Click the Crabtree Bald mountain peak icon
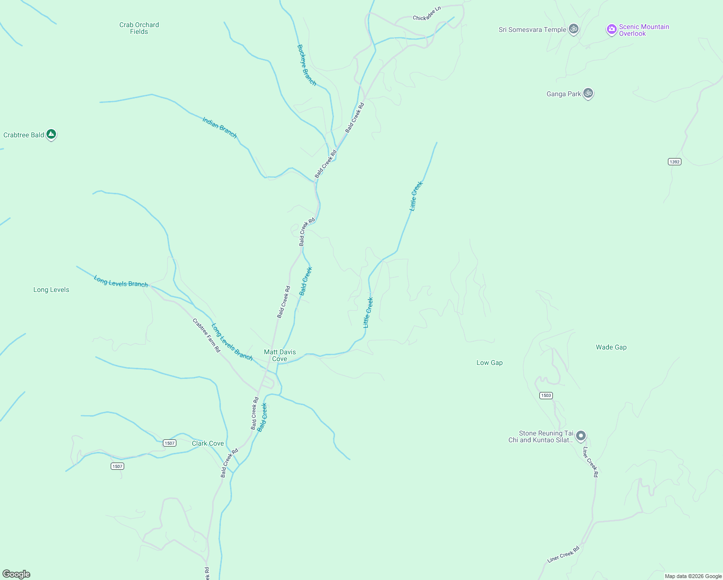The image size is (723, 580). [51, 134]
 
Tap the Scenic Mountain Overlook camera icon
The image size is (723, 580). [611, 29]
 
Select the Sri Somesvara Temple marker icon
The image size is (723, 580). [574, 29]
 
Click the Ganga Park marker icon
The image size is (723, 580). [588, 93]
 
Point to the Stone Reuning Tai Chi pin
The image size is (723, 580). [581, 436]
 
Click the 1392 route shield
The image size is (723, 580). [675, 161]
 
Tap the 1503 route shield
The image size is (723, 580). [546, 395]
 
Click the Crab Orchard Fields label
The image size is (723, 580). [139, 28]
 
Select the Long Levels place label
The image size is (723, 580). [51, 290]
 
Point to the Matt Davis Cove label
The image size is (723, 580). [280, 355]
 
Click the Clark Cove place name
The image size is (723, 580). [208, 443]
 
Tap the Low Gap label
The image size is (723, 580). [490, 362]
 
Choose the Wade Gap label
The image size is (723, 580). [611, 347]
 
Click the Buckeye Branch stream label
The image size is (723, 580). [306, 65]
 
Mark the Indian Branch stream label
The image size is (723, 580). [219, 128]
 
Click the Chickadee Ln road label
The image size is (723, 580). [427, 14]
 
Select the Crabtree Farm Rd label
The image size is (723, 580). [206, 335]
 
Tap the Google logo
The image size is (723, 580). [16, 574]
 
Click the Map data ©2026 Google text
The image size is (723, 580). [693, 576]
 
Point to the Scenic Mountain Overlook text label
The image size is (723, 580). [644, 30]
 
